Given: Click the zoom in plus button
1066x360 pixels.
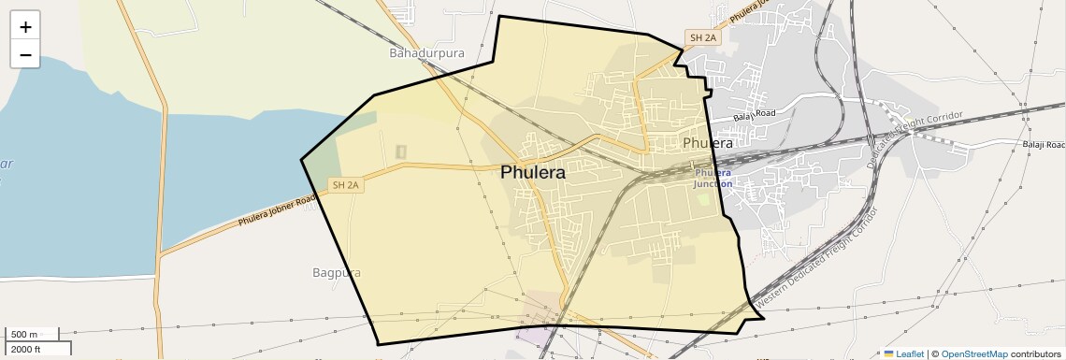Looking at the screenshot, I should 25,27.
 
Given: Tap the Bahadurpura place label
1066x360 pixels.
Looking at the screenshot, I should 426,53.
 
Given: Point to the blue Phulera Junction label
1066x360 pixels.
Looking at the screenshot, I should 713,178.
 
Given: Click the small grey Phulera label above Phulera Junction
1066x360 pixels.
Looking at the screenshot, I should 708,143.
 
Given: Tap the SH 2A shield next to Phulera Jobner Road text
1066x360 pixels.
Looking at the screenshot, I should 345,185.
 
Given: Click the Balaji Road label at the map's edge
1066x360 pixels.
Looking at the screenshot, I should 1042,145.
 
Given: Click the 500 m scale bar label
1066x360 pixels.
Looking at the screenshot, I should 24,334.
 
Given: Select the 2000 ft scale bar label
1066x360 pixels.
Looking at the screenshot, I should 25,349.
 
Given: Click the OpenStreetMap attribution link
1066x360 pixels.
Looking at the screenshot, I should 973,353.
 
